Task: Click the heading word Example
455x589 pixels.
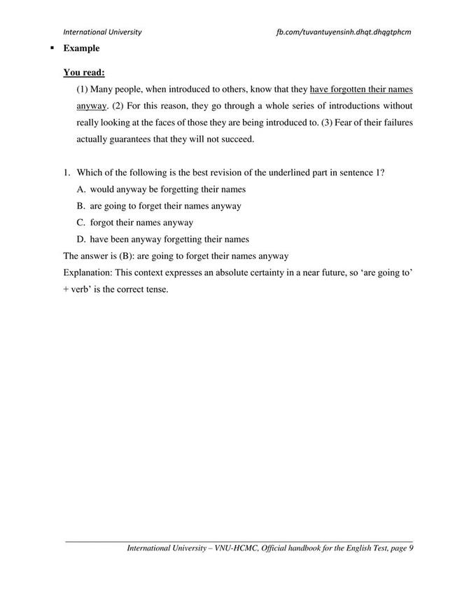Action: tap(81, 48)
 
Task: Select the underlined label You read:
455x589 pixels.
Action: tap(84, 71)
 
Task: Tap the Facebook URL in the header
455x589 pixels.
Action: tap(344, 32)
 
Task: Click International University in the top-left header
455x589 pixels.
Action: tap(102, 32)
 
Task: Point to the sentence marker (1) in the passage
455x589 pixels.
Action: tap(83, 90)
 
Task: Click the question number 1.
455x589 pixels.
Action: tap(66, 172)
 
